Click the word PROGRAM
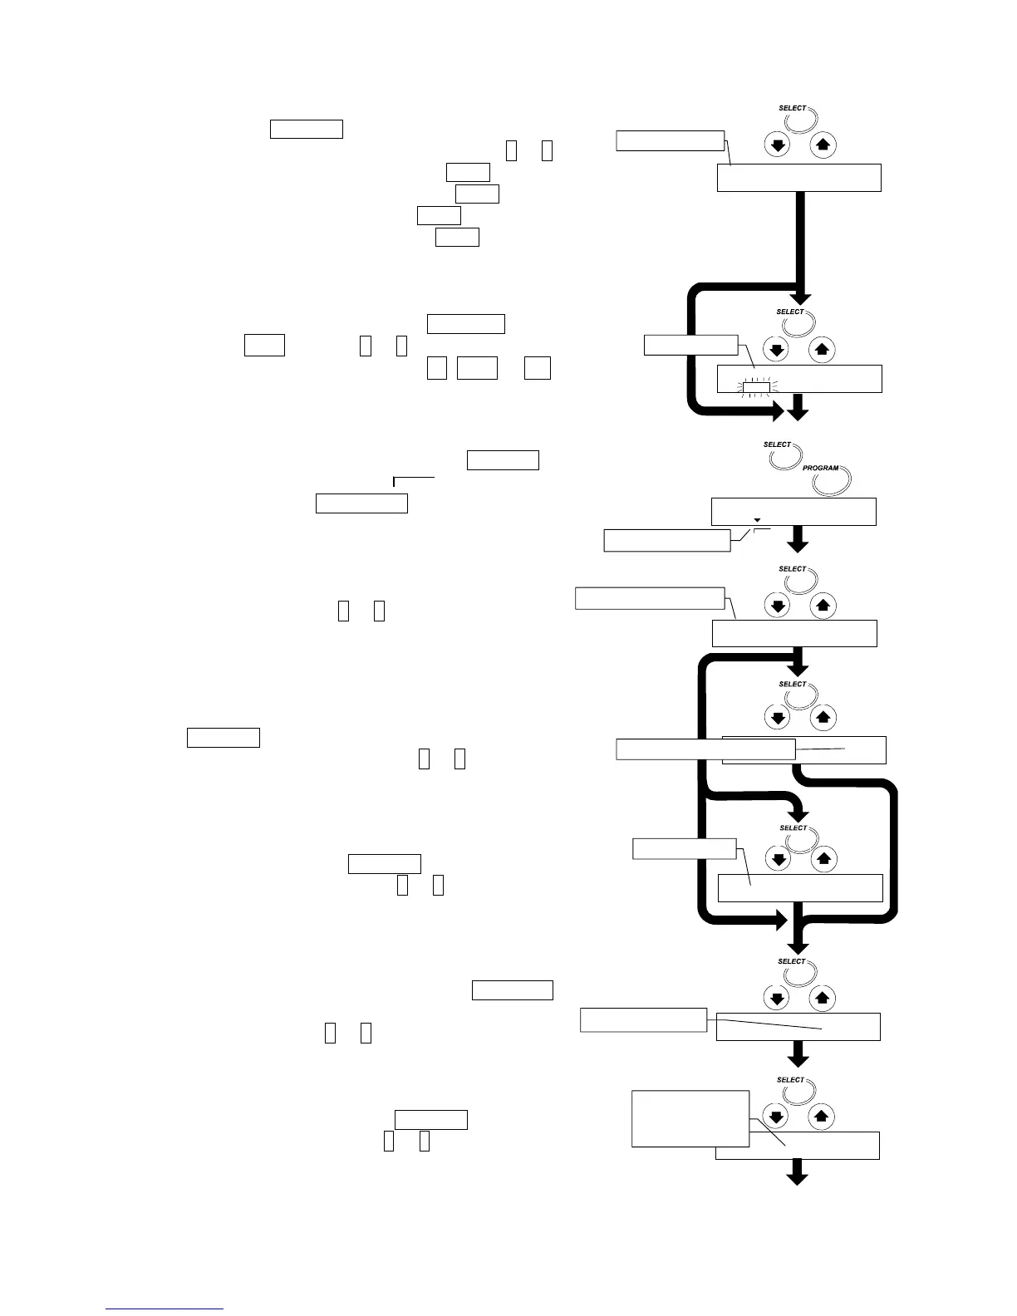(x=820, y=469)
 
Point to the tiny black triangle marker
(x=756, y=520)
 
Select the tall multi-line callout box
(x=690, y=1118)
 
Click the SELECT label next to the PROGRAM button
(x=777, y=444)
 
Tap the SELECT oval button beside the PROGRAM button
(x=785, y=455)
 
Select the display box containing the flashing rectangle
(x=799, y=379)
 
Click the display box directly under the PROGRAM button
(x=793, y=512)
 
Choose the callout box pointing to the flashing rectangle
(x=690, y=345)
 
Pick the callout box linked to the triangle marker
(x=666, y=540)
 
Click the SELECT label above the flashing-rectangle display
(x=790, y=312)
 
